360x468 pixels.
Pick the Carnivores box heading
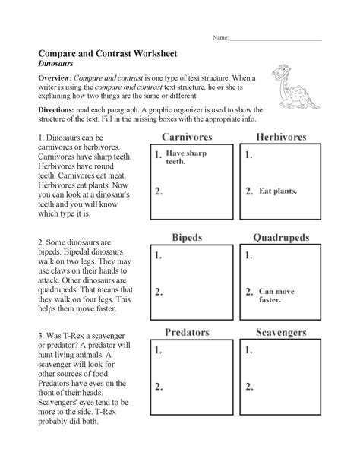tap(186, 137)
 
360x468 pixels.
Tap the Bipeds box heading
tap(186, 238)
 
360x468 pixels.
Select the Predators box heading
tap(186, 333)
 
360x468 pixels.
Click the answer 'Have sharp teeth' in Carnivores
tap(186, 157)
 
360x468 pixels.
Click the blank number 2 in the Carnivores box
tap(158, 191)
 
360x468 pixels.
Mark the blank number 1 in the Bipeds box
tap(158, 256)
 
